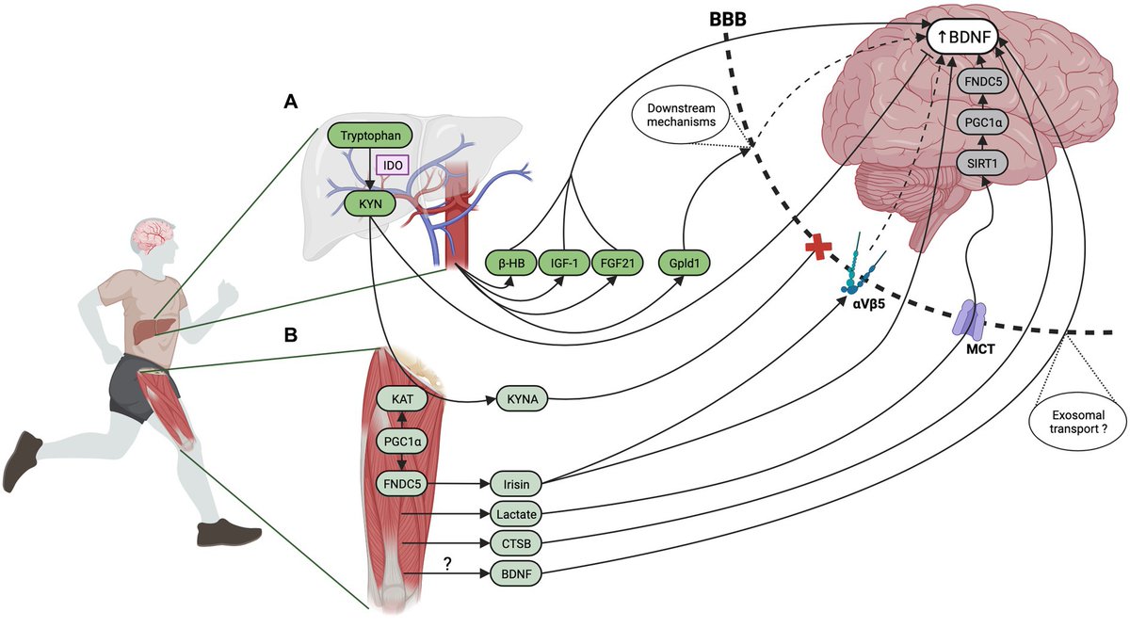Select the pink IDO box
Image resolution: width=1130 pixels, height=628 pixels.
390,164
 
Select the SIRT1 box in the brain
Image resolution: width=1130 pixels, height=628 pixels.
981,163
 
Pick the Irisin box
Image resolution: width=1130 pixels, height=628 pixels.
516,485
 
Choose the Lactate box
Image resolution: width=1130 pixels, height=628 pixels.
516,514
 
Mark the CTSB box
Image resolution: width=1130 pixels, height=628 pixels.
516,543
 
